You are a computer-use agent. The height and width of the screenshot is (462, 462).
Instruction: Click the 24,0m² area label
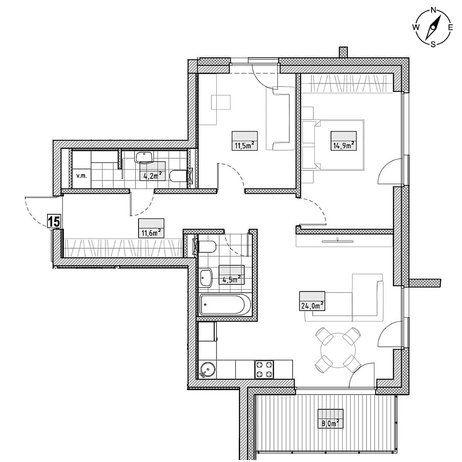pos(312,306)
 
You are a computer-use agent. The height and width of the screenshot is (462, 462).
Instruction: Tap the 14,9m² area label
pos(344,145)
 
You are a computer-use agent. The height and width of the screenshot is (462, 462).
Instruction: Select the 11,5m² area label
pos(245,145)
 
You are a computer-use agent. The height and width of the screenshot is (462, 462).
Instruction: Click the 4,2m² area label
pos(153,176)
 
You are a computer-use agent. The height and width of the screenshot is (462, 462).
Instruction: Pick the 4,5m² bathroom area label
pos(232,279)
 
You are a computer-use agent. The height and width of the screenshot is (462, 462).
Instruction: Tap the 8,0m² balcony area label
pos(330,423)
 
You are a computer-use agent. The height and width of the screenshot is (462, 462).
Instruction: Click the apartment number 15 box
pos(54,221)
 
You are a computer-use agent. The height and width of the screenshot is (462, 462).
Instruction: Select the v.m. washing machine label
pos(82,176)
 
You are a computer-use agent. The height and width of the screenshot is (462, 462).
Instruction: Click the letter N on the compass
pos(433,10)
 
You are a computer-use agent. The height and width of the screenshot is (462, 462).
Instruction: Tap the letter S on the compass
pos(433,45)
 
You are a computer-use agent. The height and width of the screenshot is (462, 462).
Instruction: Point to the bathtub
pos(225,305)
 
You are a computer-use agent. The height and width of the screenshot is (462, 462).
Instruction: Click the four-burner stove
pos(264,369)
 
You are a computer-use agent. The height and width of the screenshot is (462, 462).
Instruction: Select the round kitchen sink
pos(207,370)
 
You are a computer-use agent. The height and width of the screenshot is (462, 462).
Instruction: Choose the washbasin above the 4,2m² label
pos(144,157)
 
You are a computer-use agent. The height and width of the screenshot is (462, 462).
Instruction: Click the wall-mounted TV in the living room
pos(338,241)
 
